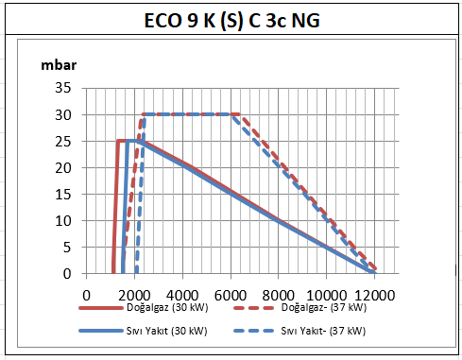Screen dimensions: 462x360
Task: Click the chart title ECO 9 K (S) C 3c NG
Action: point(232,21)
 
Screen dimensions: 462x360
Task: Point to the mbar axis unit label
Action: point(59,65)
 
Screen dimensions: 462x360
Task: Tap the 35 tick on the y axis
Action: point(63,88)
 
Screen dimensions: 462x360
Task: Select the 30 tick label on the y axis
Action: point(63,115)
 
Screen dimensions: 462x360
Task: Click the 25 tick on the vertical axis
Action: point(63,142)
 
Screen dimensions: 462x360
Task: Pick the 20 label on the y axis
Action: point(63,168)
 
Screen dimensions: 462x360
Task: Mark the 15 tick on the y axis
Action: point(63,195)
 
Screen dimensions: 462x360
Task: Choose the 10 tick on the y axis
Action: point(63,221)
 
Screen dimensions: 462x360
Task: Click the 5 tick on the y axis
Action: point(67,248)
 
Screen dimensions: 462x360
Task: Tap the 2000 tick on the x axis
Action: point(134,296)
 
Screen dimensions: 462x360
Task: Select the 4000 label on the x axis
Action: point(182,296)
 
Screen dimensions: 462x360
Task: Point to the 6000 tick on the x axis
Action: point(231,296)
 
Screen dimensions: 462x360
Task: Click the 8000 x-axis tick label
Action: point(279,296)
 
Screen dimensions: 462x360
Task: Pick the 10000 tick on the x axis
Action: point(327,296)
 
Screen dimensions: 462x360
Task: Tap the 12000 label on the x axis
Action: point(374,296)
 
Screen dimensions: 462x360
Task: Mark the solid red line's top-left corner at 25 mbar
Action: point(118,141)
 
